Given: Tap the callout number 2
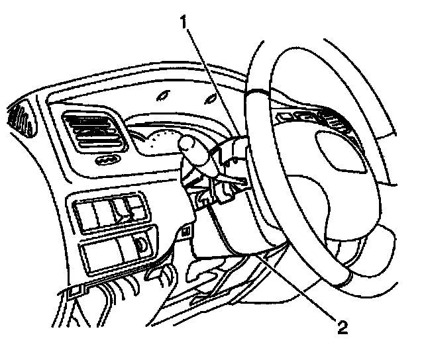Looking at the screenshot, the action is point(342,325).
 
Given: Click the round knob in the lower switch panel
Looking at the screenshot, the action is point(141,244).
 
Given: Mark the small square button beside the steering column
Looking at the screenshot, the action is point(186,231).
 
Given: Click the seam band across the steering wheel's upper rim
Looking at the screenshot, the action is point(258,93).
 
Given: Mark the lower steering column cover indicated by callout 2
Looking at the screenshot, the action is point(232,228).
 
